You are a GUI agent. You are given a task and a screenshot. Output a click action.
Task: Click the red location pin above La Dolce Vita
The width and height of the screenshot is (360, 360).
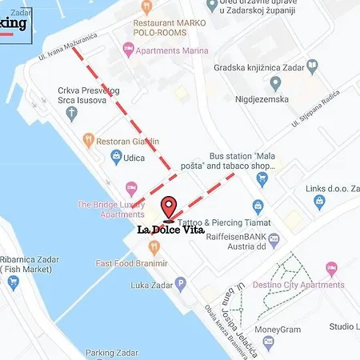pyautogui.click(x=169, y=206)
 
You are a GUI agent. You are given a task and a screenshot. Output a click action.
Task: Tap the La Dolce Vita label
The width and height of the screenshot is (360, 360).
pyautogui.click(x=170, y=230)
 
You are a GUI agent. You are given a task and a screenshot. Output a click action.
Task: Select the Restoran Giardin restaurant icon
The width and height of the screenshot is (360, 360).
pyautogui.click(x=88, y=141)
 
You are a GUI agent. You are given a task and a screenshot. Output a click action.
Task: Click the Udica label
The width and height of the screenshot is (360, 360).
pyautogui.click(x=133, y=158)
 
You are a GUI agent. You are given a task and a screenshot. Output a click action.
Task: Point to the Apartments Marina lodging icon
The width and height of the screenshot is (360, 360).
pyautogui.click(x=129, y=50)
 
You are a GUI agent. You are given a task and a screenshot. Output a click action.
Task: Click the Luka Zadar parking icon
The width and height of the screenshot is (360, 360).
pyautogui.click(x=181, y=282)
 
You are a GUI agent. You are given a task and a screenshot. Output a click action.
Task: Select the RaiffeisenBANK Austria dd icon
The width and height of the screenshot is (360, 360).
pyautogui.click(x=274, y=238)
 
